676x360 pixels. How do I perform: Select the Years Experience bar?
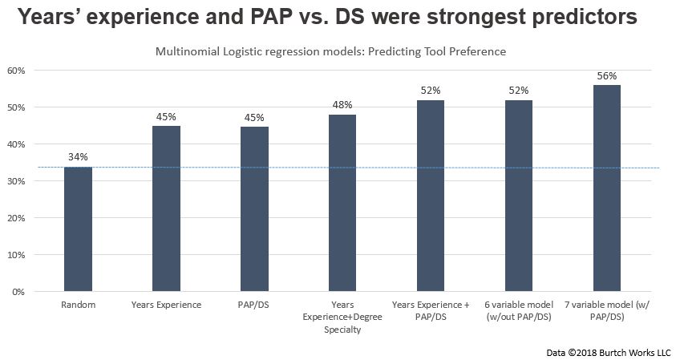click(x=166, y=208)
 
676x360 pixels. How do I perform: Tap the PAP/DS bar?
click(x=254, y=208)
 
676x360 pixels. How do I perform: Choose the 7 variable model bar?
click(x=606, y=188)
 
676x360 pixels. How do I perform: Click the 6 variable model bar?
click(x=518, y=196)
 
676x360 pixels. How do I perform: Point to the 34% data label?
click(x=78, y=157)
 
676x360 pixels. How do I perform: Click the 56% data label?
click(x=606, y=75)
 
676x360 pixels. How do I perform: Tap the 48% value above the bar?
click(x=342, y=105)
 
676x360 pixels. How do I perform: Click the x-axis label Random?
click(x=78, y=305)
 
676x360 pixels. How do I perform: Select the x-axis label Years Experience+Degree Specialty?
click(x=342, y=316)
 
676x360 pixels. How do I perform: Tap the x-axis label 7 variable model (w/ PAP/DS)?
click(x=606, y=310)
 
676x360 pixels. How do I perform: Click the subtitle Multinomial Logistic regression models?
click(x=330, y=52)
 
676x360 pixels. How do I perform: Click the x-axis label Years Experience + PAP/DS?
click(x=430, y=310)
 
